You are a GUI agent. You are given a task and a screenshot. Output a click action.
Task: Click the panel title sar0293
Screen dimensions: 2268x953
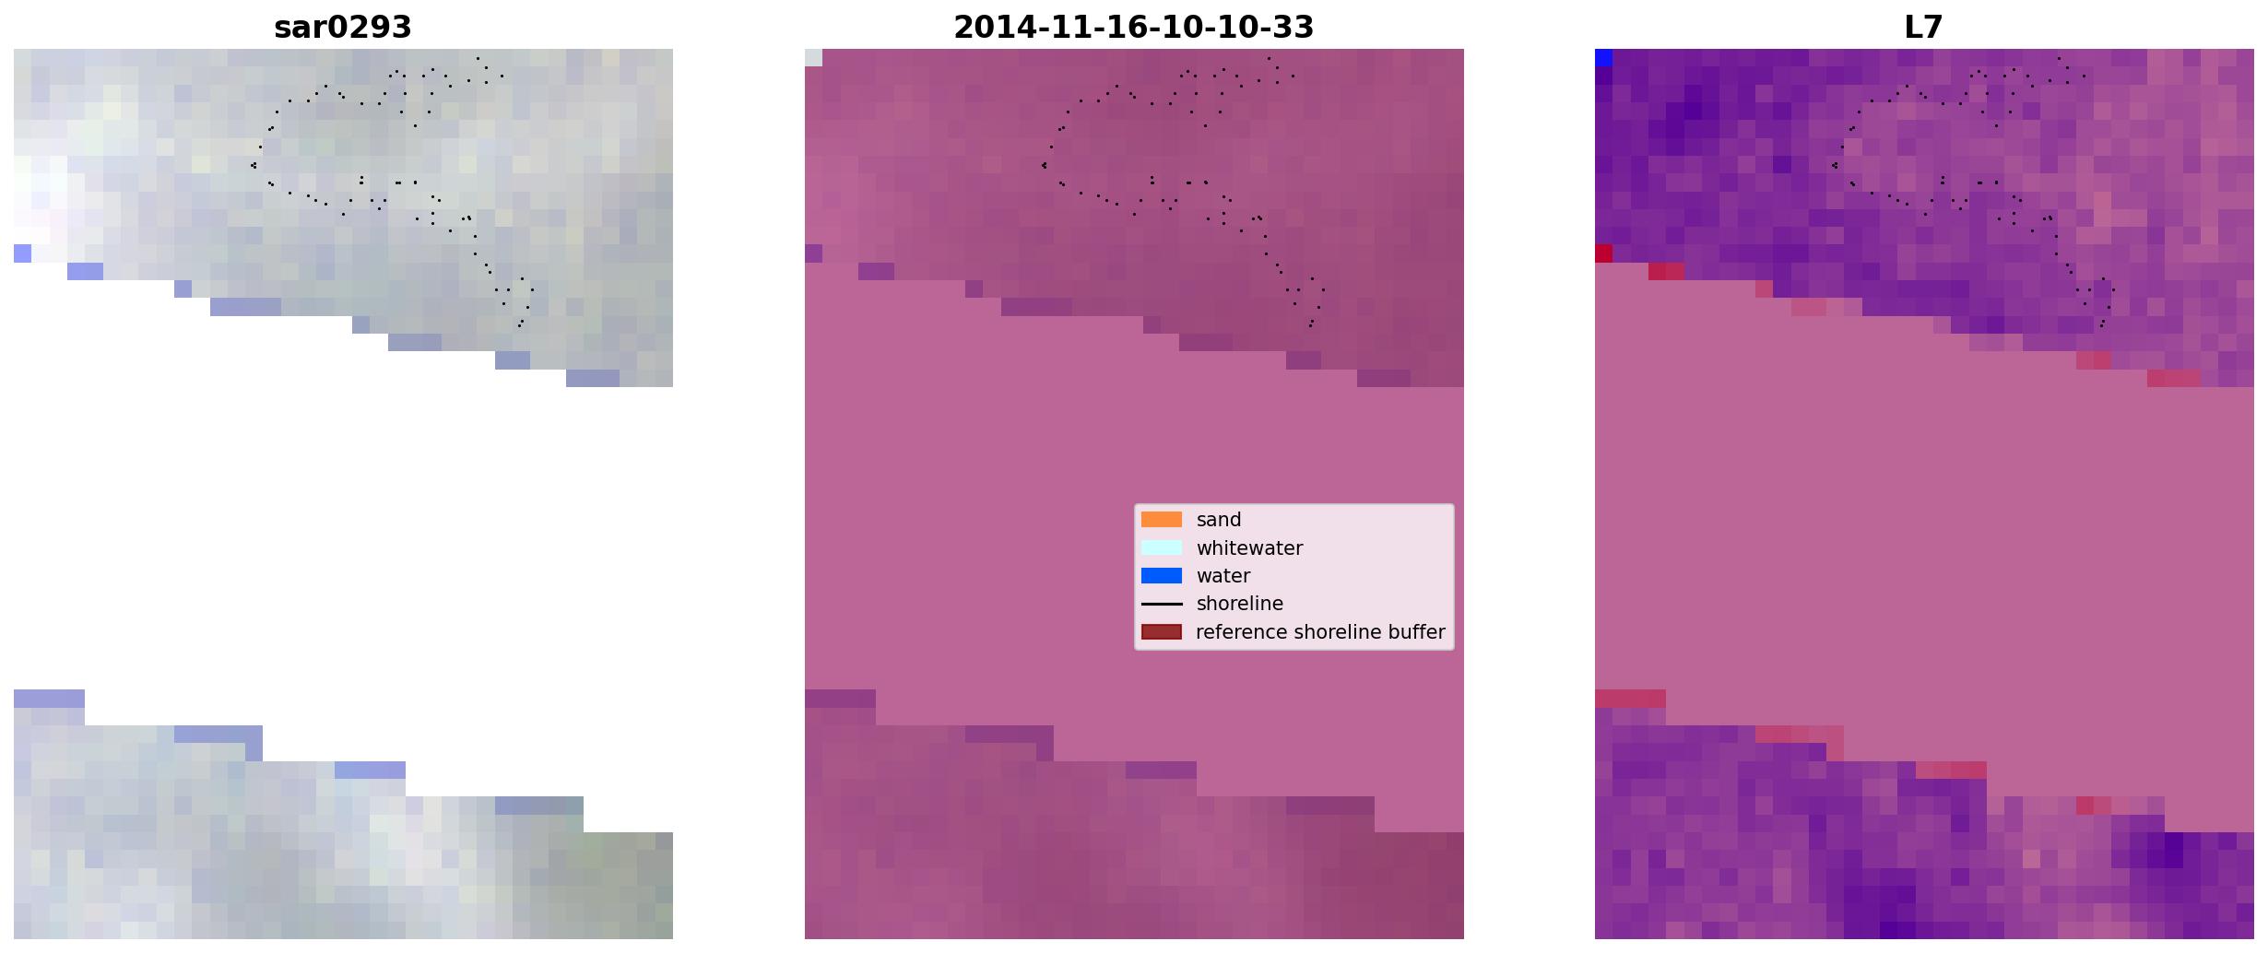(342, 28)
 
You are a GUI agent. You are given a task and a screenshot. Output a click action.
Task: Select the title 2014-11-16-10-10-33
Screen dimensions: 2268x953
(1133, 28)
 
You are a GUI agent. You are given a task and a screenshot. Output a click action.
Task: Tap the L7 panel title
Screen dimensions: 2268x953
(1923, 28)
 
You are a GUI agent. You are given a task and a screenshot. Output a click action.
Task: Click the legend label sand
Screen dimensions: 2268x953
(1218, 520)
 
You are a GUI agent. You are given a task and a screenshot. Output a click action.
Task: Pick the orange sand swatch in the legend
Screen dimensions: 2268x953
(1162, 520)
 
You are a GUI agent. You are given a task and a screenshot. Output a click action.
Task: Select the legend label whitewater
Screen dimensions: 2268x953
(1249, 548)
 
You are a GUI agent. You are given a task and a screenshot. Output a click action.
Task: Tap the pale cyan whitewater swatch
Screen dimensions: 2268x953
(1162, 547)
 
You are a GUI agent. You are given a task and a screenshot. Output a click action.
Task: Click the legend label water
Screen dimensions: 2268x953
(1223, 576)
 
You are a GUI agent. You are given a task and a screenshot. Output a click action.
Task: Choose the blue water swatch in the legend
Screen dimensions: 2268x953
(1162, 576)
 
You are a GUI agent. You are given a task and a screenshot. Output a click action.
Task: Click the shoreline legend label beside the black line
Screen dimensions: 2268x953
(1239, 604)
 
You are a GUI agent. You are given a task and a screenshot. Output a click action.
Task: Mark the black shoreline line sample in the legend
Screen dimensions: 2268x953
(1162, 605)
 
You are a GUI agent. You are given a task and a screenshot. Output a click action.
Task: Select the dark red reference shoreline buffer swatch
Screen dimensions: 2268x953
(1162, 631)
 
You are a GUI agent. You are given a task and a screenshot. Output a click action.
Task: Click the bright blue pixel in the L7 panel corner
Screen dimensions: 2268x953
(1603, 58)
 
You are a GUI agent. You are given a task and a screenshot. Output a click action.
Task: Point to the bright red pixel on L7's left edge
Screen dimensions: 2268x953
(1603, 253)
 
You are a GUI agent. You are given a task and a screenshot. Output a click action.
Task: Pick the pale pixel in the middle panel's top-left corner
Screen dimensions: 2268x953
(813, 58)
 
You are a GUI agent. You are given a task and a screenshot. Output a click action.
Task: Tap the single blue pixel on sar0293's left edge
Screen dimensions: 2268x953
(22, 253)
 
